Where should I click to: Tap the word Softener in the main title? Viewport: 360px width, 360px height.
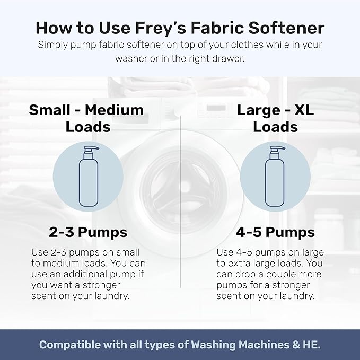[287, 28]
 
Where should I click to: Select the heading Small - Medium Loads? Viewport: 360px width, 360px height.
[86, 118]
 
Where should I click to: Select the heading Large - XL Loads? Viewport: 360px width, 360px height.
[275, 118]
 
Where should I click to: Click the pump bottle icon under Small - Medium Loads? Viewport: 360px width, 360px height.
[87, 177]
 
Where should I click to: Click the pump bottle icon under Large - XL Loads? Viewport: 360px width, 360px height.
[275, 177]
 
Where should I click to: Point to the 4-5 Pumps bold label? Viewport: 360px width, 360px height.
[275, 232]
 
